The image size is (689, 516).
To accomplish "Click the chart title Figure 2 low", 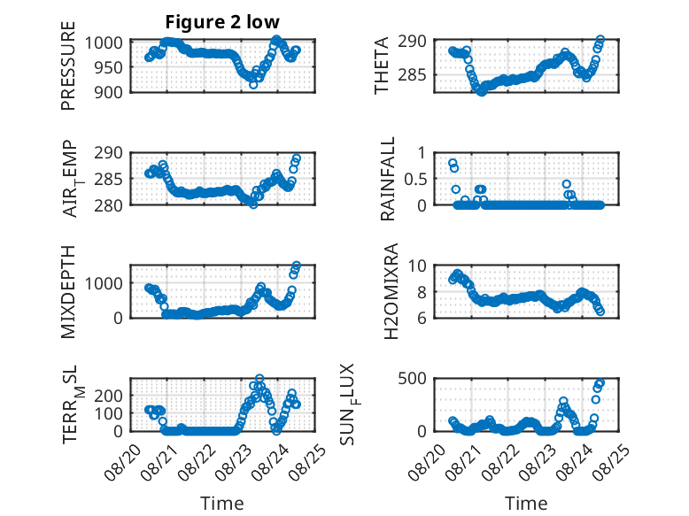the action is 222,22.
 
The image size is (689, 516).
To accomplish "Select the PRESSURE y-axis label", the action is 68,65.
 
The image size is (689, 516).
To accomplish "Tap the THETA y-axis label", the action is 382,65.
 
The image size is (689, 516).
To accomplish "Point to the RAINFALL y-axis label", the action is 388,179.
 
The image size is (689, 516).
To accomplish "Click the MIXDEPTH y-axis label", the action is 68,292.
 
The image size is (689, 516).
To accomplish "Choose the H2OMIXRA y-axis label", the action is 391,291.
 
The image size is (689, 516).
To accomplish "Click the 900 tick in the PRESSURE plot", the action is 109,92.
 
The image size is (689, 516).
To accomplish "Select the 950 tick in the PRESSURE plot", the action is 109,67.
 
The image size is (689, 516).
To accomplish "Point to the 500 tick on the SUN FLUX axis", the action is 412,378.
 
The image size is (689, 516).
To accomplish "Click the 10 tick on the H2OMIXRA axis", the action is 417,266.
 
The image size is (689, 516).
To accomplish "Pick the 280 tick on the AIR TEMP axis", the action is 109,205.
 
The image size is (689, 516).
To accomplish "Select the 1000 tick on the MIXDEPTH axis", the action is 104,283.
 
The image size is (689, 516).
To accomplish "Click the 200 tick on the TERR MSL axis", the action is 109,396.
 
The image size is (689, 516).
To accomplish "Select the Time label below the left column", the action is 222,504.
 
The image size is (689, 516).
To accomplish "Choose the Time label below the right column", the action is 526,504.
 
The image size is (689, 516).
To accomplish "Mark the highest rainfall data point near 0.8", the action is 453,164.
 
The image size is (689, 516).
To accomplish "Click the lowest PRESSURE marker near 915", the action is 253,85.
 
